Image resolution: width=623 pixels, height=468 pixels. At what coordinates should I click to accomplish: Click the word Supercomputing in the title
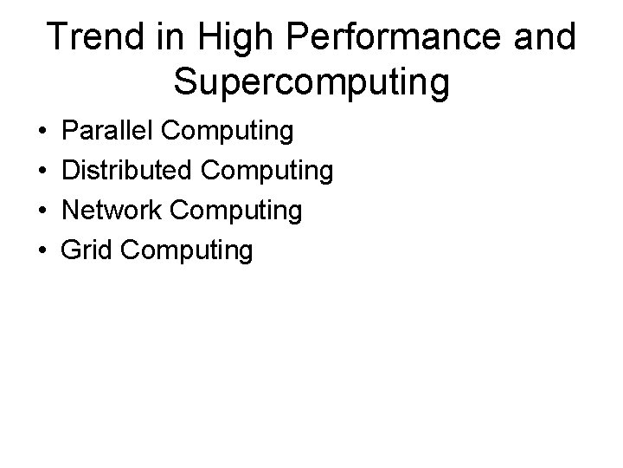click(x=311, y=82)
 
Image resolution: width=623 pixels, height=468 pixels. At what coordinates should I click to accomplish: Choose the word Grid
click(x=88, y=250)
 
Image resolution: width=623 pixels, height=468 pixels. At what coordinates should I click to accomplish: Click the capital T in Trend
click(x=60, y=37)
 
